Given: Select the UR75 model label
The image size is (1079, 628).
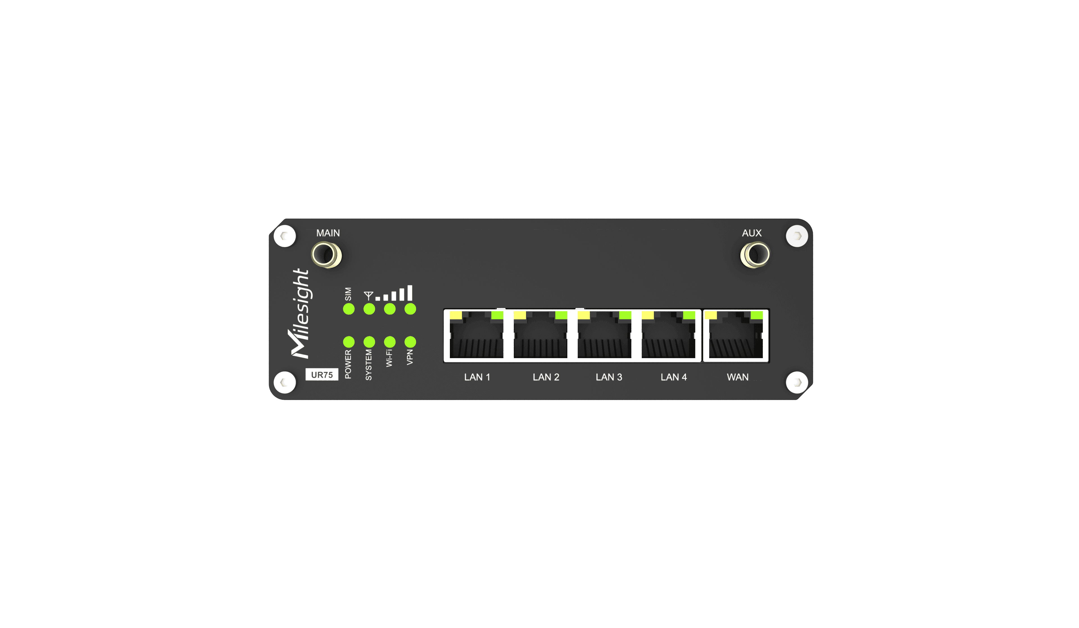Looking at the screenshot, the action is pyautogui.click(x=321, y=375).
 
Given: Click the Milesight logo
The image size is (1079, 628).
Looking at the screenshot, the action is pyautogui.click(x=300, y=313).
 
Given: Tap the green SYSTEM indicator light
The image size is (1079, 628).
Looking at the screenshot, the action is pyautogui.click(x=369, y=342).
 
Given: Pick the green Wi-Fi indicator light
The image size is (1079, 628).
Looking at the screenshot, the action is pyautogui.click(x=390, y=342).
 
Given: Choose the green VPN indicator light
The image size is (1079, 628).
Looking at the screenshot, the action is pyautogui.click(x=410, y=342).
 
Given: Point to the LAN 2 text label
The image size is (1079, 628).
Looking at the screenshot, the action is pyautogui.click(x=546, y=377).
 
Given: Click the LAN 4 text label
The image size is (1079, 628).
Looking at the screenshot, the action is pyautogui.click(x=674, y=377).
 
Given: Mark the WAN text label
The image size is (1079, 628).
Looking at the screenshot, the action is pyautogui.click(x=737, y=377).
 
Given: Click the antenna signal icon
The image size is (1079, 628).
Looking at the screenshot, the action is pyautogui.click(x=368, y=295).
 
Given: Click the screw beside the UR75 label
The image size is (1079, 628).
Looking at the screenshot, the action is pyautogui.click(x=285, y=382).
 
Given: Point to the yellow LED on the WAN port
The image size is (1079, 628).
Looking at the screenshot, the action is pyautogui.click(x=711, y=316).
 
